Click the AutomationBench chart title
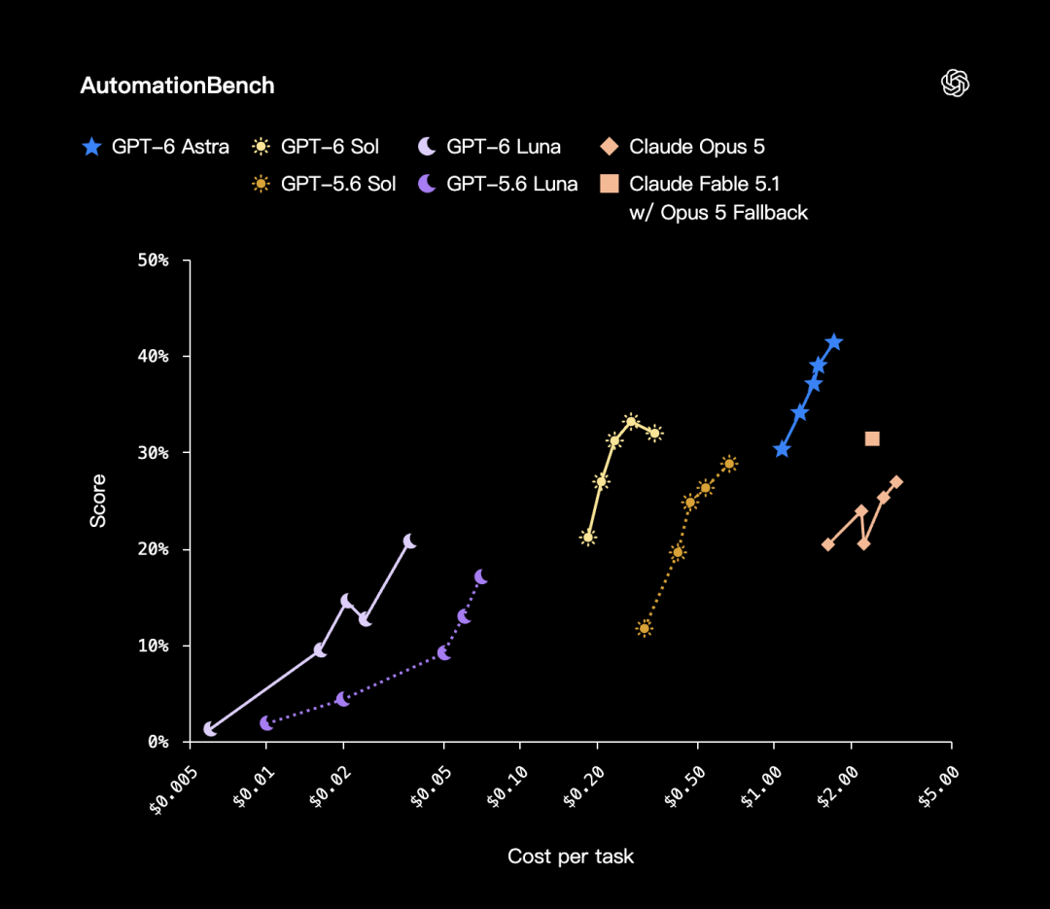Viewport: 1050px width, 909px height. (x=178, y=86)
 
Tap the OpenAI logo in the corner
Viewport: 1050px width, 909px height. (x=955, y=83)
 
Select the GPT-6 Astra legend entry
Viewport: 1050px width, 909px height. (x=156, y=147)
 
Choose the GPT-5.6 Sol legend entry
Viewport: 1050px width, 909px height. (x=324, y=184)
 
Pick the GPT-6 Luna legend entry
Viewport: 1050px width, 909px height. (x=489, y=147)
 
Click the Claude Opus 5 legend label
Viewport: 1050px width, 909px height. (x=696, y=147)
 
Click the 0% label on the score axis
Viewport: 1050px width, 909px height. (x=158, y=742)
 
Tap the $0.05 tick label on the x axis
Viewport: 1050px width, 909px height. (x=432, y=787)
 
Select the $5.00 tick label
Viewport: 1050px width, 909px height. (x=939, y=787)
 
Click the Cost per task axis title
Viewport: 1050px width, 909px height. (x=571, y=857)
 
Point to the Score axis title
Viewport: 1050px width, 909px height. (x=98, y=501)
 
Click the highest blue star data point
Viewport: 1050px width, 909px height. (x=834, y=342)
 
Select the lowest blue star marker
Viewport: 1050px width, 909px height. (x=782, y=449)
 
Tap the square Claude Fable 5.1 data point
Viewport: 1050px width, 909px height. (x=872, y=438)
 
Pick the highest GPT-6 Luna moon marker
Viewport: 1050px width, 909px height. (x=409, y=542)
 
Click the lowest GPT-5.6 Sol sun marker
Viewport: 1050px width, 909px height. (x=645, y=628)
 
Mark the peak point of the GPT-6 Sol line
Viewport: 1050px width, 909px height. (x=631, y=421)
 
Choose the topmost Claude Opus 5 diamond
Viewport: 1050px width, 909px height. (x=896, y=482)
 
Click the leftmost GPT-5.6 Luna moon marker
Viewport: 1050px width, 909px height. (x=266, y=723)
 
